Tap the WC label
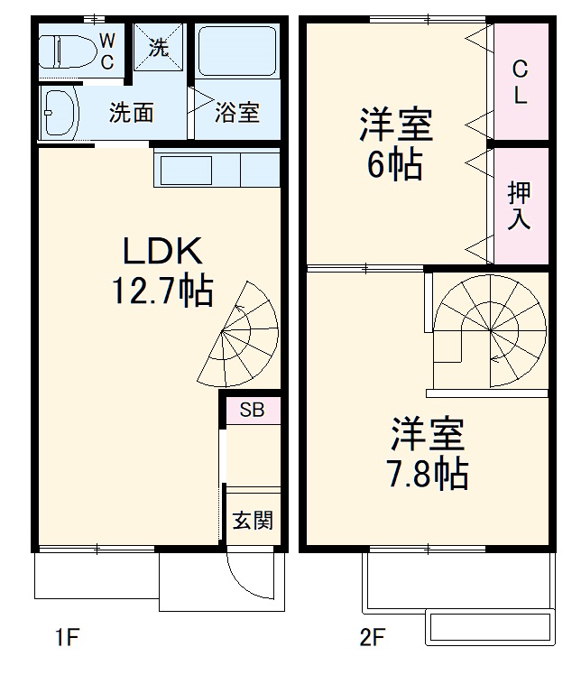tap(107, 51)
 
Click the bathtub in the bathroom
tap(236, 51)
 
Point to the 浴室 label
tap(236, 113)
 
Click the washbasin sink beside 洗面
tap(61, 113)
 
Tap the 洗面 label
tap(131, 113)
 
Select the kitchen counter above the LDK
tap(217, 169)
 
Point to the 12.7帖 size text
tap(162, 291)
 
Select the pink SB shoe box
tap(252, 410)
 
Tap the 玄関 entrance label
tap(253, 521)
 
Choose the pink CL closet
tap(521, 81)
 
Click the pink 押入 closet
tap(521, 205)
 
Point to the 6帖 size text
tap(394, 165)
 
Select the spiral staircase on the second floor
tap(490, 329)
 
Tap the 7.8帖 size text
tap(428, 473)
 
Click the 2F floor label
tap(372, 639)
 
